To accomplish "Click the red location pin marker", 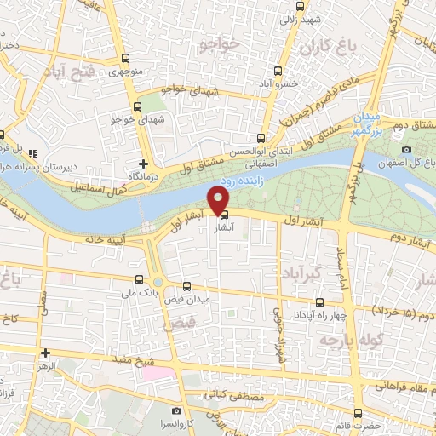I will pyautogui.click(x=219, y=199).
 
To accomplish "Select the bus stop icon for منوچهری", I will pyautogui.click(x=125, y=59).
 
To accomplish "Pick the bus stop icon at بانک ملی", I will pyautogui.click(x=139, y=278).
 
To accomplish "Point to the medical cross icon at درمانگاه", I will pyautogui.click(x=143, y=163).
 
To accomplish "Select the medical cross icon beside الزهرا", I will pyautogui.click(x=44, y=352).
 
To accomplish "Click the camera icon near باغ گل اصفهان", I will pyautogui.click(x=407, y=150).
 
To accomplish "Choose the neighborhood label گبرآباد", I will pyautogui.click(x=303, y=273).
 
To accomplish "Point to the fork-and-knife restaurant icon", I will pyautogui.click(x=32, y=154).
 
